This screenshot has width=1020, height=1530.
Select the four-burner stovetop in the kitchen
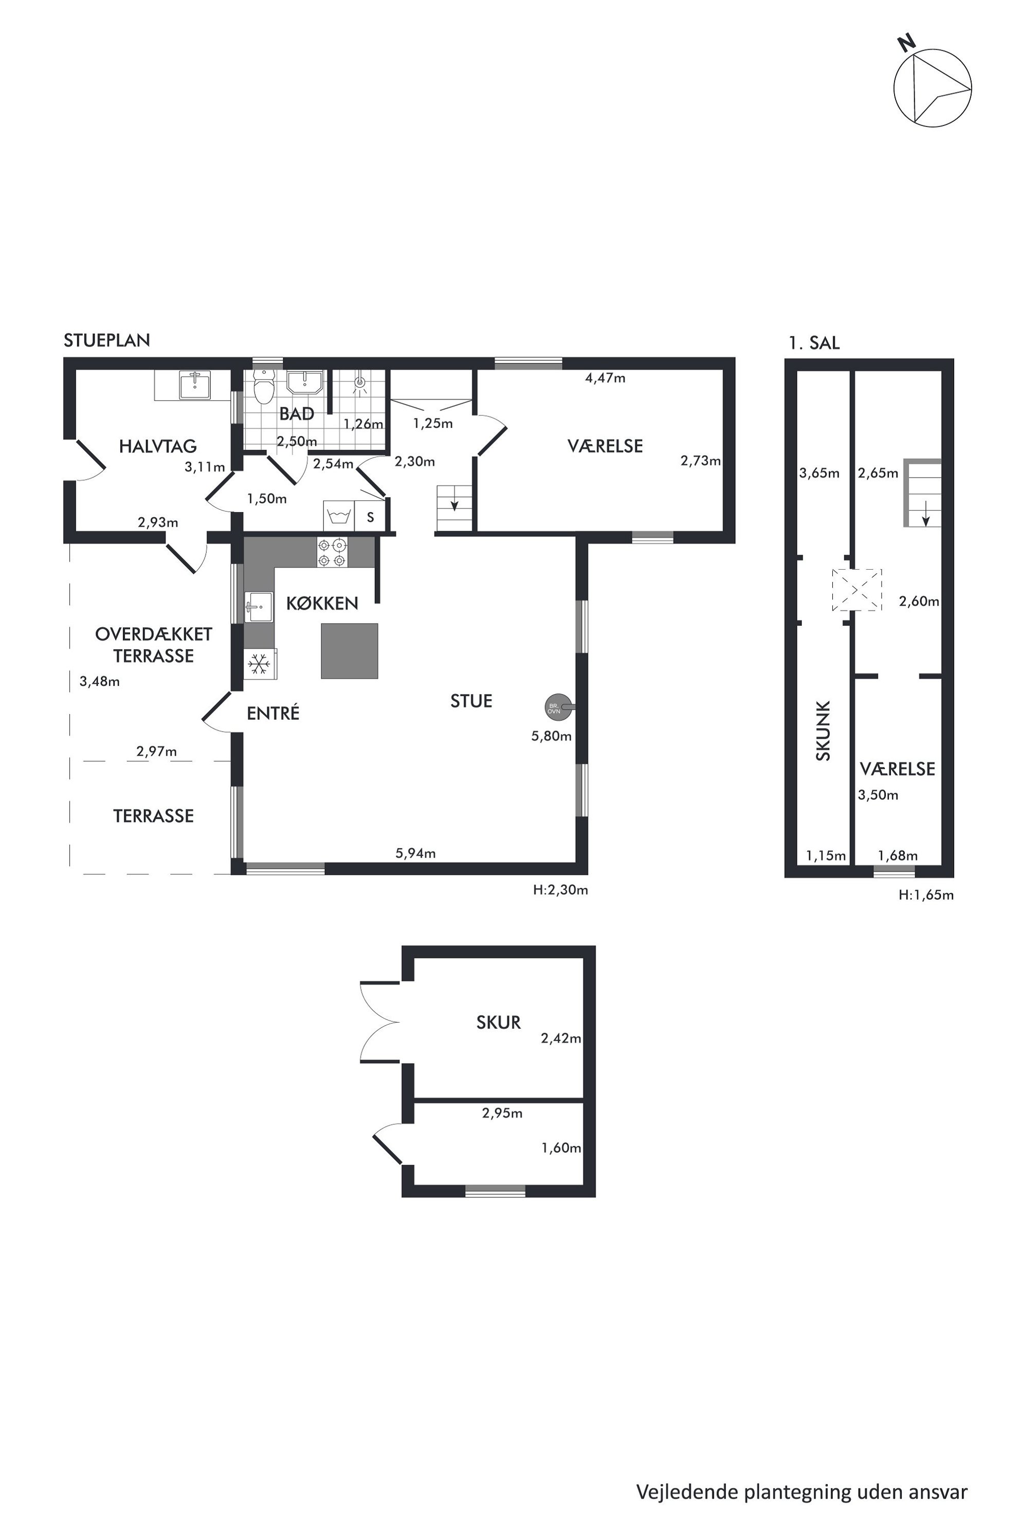coord(332,552)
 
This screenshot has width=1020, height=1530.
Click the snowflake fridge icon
coord(260,664)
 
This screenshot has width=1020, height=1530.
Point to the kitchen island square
coord(349,651)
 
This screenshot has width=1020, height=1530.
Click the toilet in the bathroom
coord(263,387)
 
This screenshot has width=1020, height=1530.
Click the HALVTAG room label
coord(157,446)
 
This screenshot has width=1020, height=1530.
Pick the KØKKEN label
coord(322,604)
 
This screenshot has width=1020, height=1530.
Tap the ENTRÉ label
coord(273,713)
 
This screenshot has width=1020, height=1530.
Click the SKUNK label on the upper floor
coord(823,731)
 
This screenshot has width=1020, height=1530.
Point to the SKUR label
coord(498,1023)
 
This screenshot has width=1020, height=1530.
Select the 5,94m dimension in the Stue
coord(416,853)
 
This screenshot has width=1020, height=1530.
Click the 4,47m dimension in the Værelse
coord(605,378)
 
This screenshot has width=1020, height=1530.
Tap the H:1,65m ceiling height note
coord(926,895)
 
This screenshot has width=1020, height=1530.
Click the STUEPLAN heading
coord(107,340)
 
